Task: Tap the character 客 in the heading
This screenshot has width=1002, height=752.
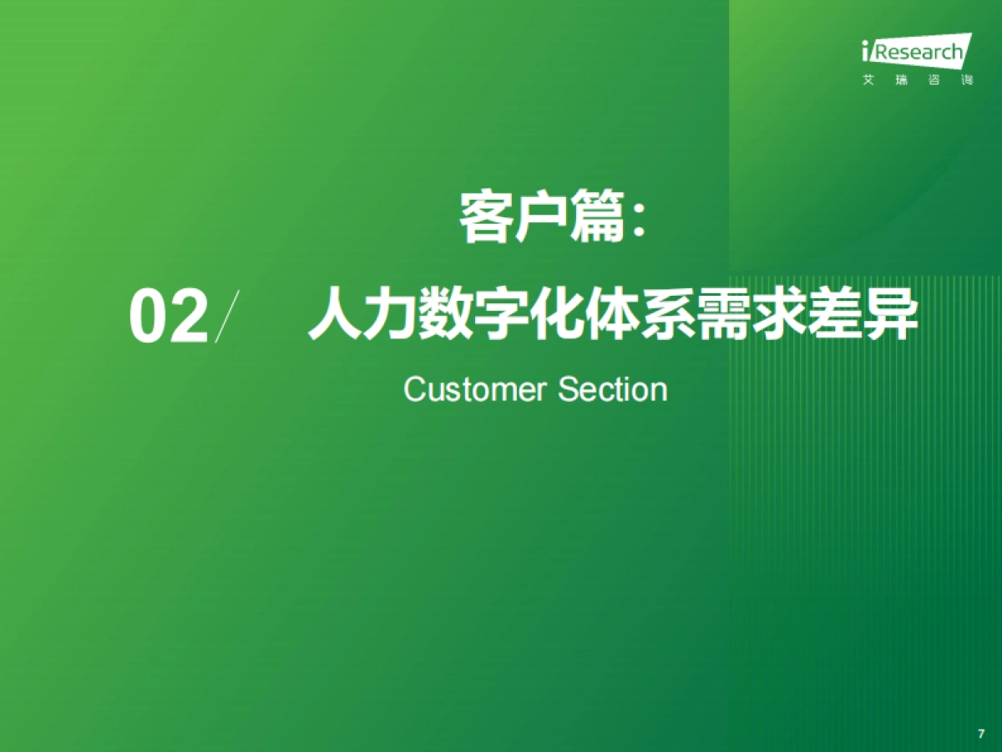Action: (485, 218)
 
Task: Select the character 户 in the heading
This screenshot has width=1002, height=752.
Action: (540, 218)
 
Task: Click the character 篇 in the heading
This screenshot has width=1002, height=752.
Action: (596, 218)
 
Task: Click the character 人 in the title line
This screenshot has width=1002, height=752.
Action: (335, 314)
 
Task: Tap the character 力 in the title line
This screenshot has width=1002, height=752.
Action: (390, 314)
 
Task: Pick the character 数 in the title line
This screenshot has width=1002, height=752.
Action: (446, 314)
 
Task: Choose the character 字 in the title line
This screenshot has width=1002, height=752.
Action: (501, 314)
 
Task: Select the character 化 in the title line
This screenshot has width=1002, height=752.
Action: (557, 314)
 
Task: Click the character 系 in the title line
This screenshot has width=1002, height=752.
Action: (668, 314)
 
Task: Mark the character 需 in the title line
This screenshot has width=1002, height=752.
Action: (724, 314)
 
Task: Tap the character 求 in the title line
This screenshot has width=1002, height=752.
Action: (779, 314)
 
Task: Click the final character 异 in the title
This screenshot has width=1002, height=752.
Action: (890, 314)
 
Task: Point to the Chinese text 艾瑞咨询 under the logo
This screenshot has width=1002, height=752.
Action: (917, 81)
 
